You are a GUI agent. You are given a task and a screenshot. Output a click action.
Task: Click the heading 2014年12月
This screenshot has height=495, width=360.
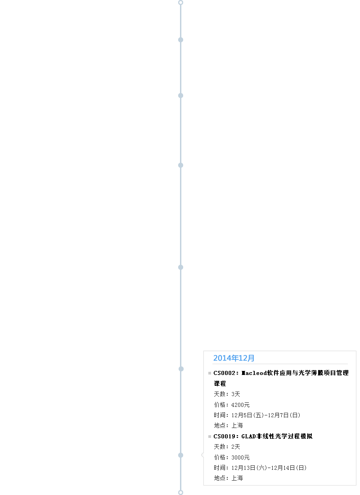234,358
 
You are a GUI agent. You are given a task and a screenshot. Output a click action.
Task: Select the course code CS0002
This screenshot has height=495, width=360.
225,373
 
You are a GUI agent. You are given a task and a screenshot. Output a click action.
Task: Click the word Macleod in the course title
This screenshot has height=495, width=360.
254,373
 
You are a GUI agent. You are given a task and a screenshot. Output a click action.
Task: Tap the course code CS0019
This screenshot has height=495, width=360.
225,436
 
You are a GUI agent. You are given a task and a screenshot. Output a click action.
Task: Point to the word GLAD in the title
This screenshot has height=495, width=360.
248,436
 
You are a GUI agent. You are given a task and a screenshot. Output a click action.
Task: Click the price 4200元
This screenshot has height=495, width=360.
240,405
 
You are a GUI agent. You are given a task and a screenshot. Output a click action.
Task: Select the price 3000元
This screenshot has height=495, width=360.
240,457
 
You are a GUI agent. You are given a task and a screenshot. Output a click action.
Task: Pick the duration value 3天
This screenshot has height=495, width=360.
236,394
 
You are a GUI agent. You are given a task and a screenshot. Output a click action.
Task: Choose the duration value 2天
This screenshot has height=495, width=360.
236,447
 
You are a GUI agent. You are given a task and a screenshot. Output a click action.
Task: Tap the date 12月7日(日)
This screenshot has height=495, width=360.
284,415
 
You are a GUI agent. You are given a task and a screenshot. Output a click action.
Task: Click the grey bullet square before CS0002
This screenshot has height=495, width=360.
210,373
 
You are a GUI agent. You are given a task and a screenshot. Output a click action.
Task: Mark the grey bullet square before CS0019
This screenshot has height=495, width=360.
210,437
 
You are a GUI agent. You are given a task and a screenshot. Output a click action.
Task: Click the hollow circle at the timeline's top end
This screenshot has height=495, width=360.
180,3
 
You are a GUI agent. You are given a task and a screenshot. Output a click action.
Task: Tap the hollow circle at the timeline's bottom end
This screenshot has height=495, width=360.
180,492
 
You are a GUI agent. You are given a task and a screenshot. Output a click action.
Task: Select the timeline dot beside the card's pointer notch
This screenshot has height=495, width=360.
181,455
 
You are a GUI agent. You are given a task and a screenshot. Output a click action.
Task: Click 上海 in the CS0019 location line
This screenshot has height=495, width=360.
237,478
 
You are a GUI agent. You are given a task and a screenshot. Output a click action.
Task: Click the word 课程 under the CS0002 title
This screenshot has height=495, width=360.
220,384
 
